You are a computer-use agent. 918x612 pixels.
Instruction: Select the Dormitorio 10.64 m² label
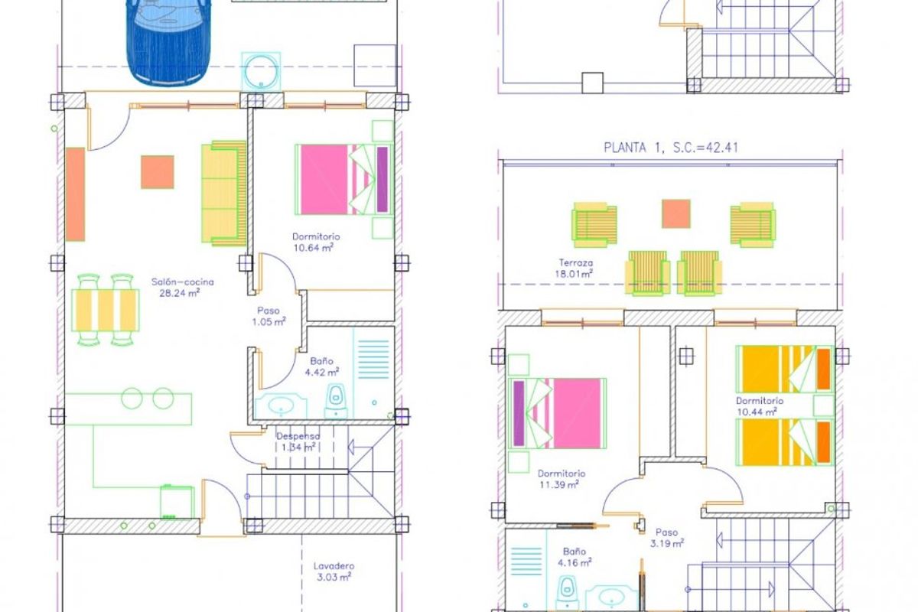pos(316,242)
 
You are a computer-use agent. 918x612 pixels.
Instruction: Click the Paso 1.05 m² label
pos(268,317)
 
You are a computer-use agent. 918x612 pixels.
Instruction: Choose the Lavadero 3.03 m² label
pos(333,571)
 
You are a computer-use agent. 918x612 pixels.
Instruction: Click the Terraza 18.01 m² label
pos(574,268)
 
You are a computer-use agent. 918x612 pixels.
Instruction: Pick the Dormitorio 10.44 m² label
pos(760,406)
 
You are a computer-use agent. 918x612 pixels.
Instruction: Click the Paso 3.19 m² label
pos(666,538)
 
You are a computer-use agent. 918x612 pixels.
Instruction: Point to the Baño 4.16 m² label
pos(575,557)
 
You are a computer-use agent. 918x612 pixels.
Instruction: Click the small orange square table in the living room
pos(158,172)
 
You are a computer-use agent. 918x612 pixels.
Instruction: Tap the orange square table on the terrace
pos(676,213)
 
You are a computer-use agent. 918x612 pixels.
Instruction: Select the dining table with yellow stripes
pos(106,310)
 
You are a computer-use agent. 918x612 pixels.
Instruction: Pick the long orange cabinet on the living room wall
pos(75,194)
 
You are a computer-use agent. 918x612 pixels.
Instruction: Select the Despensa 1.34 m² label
pos(297,441)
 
